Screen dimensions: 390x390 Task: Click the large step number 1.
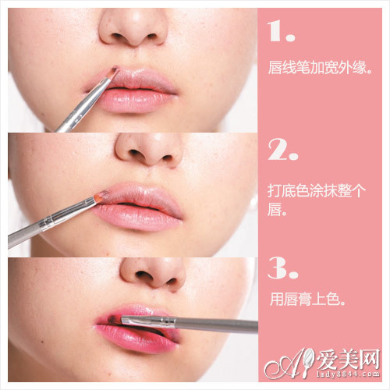coord(279,32)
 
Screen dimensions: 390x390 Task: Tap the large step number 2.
coord(281,150)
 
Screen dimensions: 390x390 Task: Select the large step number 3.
coord(281,267)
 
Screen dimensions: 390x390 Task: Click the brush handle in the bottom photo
coord(211,322)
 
